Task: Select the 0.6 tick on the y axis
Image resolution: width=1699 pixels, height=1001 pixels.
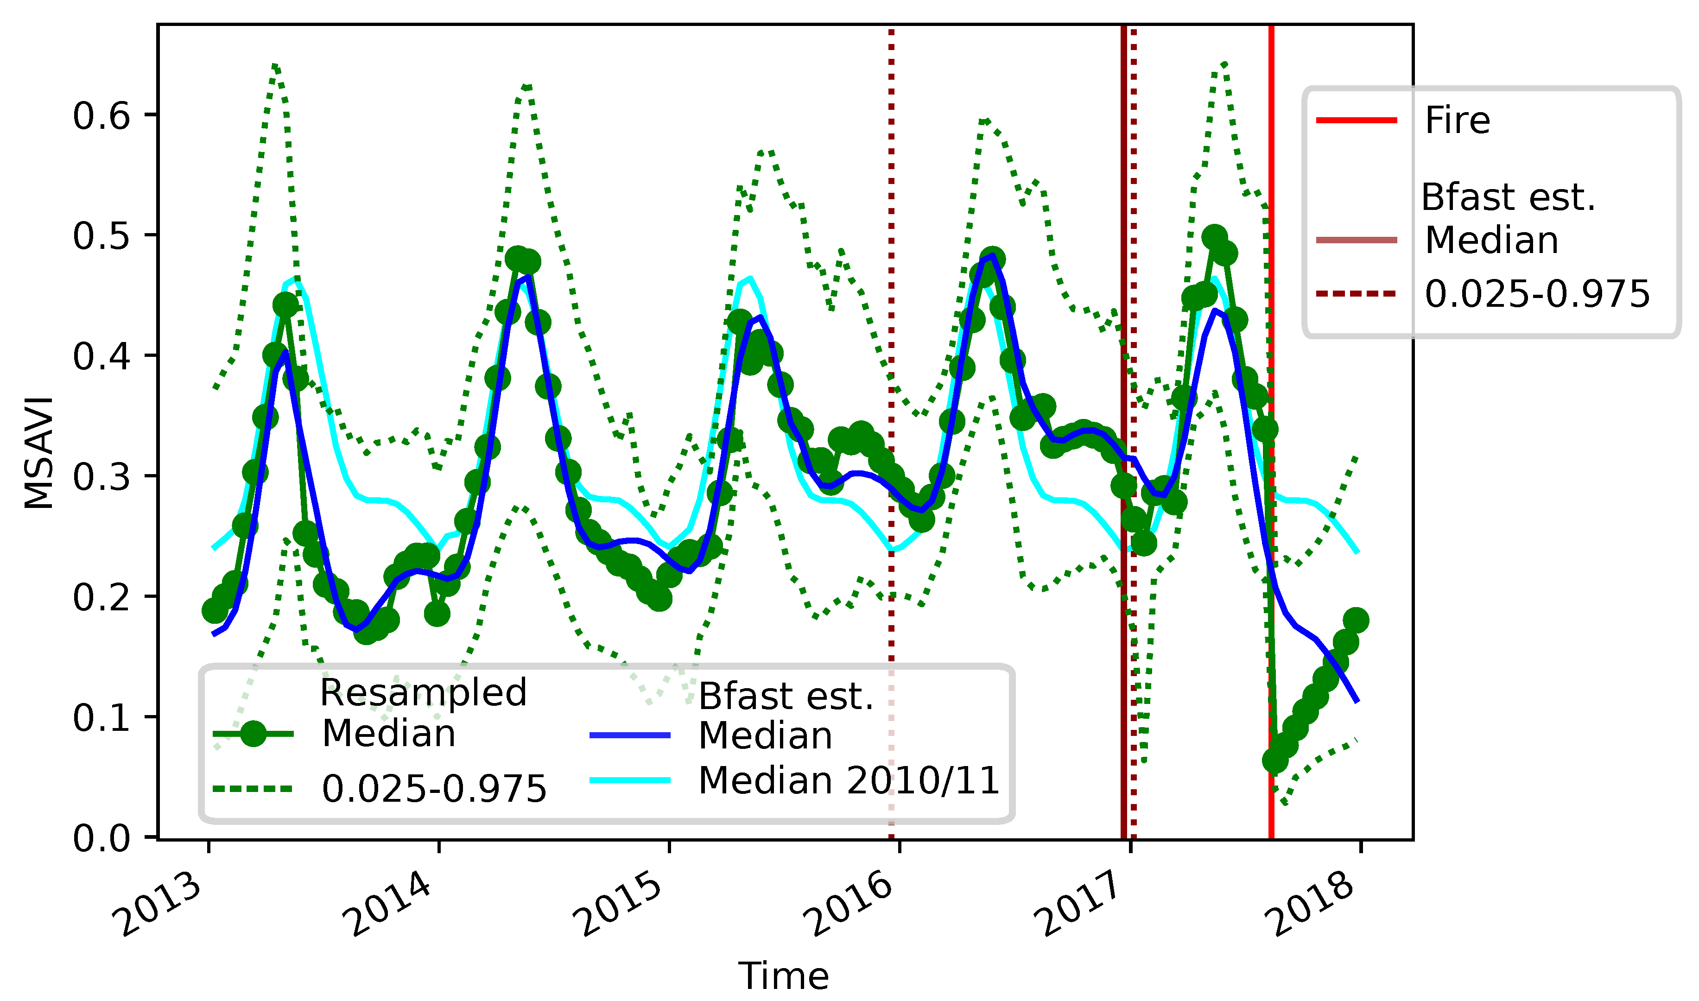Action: tap(101, 116)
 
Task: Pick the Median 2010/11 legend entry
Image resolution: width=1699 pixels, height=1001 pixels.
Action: tap(848, 780)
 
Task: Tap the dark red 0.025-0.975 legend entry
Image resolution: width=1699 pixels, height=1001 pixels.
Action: tap(1536, 294)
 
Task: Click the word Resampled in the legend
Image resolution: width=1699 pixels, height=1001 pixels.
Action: tap(423, 693)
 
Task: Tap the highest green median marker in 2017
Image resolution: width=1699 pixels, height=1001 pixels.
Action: tap(1214, 237)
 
